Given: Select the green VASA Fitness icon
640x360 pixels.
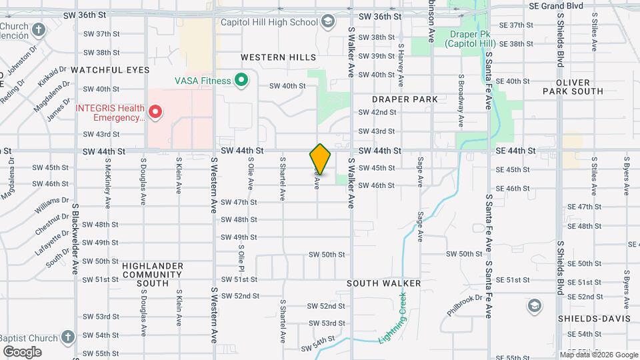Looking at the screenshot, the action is tap(243, 81).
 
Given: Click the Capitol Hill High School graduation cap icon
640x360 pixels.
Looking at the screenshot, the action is tap(327, 22).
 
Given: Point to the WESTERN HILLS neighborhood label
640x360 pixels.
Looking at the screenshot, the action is tap(274, 57).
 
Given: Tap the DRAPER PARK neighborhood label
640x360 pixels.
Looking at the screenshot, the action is tap(405, 99).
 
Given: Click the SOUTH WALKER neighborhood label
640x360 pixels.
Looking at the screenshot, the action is tap(384, 283).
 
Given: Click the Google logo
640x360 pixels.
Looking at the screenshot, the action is tap(22, 351).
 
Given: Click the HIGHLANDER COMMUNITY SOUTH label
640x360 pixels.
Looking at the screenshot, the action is tap(152, 274).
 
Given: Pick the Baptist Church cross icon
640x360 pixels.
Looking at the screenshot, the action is tap(67, 337).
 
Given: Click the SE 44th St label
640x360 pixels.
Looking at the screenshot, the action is tap(515, 151).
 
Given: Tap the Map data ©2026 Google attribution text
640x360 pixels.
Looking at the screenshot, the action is tap(599, 355).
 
